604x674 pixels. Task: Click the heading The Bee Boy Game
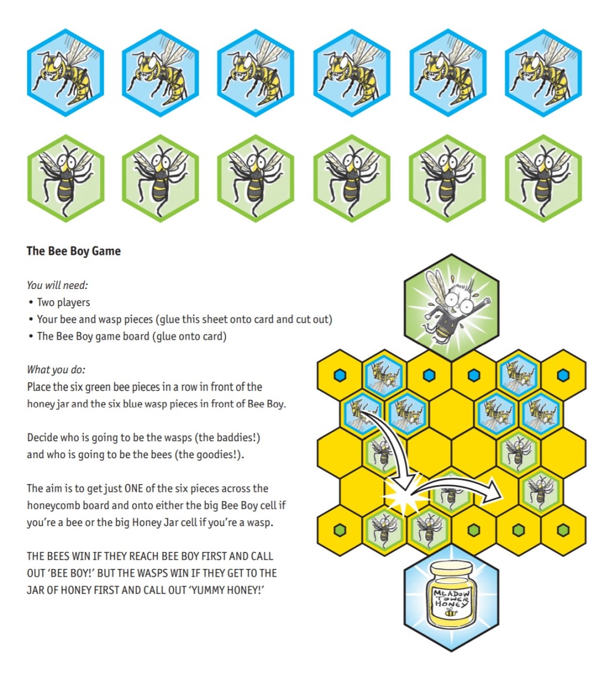[x=74, y=251]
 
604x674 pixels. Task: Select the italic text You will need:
[x=57, y=285]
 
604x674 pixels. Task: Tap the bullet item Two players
[x=64, y=302]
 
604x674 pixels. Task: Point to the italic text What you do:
[x=56, y=370]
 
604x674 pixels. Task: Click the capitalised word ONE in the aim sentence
[x=133, y=488]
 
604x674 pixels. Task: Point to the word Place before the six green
[x=38, y=387]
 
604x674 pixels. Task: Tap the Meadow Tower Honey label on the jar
[x=451, y=598]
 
